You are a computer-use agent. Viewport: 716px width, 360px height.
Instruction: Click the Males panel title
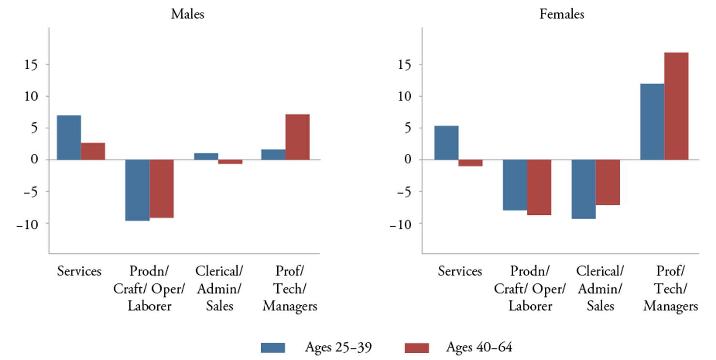[x=187, y=14]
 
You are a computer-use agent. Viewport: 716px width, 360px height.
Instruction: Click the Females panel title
[x=561, y=14]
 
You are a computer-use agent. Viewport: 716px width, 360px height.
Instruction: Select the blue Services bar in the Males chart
[x=69, y=137]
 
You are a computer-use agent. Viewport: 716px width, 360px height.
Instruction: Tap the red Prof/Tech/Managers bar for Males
[x=297, y=137]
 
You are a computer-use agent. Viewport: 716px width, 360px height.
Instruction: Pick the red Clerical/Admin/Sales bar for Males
[x=230, y=162]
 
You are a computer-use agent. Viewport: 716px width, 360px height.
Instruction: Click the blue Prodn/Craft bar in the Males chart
[x=137, y=190]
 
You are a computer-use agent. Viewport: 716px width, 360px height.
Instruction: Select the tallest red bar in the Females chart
[x=676, y=106]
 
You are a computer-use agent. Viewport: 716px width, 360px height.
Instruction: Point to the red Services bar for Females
[x=470, y=163]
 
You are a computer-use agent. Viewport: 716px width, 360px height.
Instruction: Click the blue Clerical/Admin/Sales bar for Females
[x=583, y=189]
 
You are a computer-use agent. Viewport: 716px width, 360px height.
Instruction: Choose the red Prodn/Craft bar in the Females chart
[x=539, y=187]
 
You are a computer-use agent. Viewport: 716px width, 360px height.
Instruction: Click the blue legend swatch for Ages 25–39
[x=273, y=347]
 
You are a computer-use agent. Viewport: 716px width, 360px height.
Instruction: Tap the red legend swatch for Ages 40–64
[x=417, y=347]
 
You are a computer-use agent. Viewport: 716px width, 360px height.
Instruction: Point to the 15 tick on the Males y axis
[x=33, y=65]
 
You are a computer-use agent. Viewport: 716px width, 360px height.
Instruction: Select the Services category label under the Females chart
[x=460, y=271]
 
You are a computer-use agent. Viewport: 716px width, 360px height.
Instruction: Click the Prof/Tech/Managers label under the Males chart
[x=289, y=288]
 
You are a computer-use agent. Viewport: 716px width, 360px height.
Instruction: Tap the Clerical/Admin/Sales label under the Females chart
[x=600, y=288]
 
